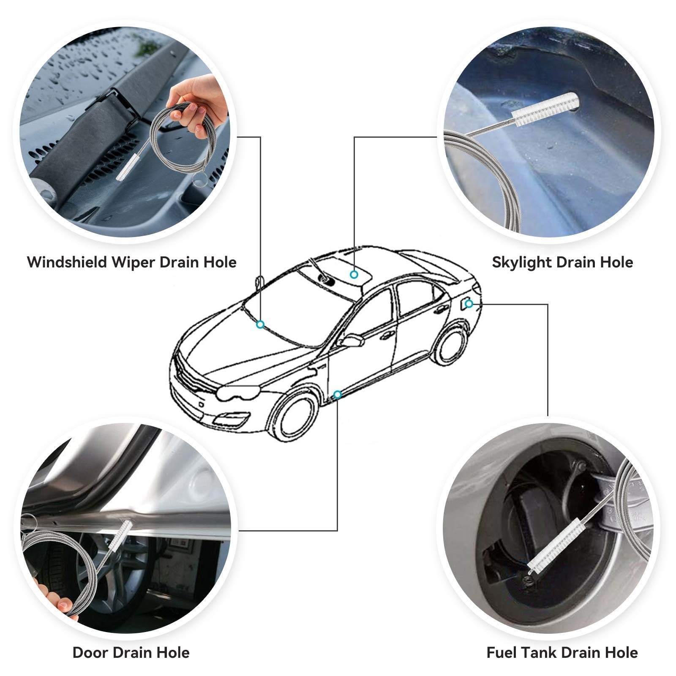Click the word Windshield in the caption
pos(67,262)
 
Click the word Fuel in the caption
pos(501,652)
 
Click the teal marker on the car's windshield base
pos(260,324)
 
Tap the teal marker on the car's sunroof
pos(354,275)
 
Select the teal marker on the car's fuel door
pos(469,303)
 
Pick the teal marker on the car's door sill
pos(337,395)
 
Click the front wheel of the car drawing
pos(294,416)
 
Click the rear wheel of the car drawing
pos(451,346)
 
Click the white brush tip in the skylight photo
pos(545,109)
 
